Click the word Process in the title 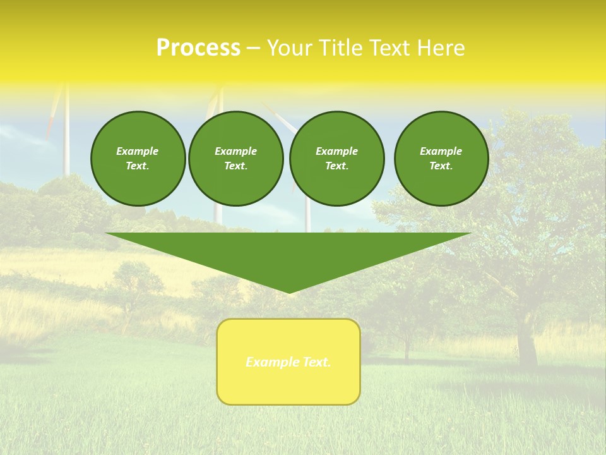198,48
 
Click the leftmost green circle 138,159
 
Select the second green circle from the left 235,159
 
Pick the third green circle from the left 336,159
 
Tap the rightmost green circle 441,159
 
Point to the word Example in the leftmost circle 138,151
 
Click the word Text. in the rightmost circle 441,166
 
